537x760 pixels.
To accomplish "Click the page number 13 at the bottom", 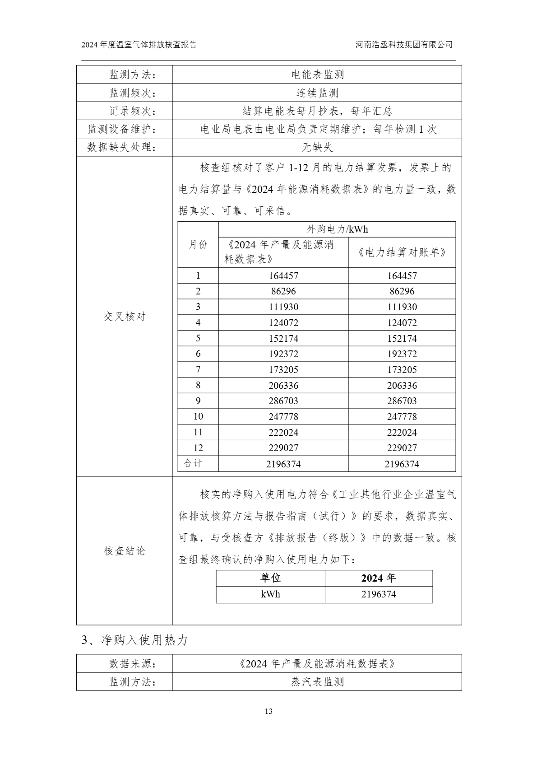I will point(268,712).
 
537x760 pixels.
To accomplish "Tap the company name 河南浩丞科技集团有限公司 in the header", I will point(403,45).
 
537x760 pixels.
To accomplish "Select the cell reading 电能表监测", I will point(317,75).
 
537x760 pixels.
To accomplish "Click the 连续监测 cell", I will point(317,93).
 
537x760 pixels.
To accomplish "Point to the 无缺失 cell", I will point(317,147).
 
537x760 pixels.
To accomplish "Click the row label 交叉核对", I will point(125,317).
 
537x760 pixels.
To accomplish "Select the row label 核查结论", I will point(125,551).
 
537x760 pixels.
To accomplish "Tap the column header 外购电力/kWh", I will point(337,229).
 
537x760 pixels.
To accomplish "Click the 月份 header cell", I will point(198,245).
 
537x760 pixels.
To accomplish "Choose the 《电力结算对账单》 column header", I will point(402,252).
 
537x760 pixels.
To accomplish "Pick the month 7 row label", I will point(198,369).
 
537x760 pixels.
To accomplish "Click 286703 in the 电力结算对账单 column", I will point(402,401).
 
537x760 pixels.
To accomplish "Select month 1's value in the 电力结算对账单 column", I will point(402,276).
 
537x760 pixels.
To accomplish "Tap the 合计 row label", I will point(193,463).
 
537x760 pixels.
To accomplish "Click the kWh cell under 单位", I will point(270,594).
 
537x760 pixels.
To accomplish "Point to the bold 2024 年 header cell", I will point(379,578).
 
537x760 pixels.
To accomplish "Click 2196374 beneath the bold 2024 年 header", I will point(379,594).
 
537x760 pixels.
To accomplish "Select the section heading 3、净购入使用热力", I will point(134,640).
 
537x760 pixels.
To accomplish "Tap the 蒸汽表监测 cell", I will point(317,682).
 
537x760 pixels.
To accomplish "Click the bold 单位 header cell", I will point(270,578).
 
